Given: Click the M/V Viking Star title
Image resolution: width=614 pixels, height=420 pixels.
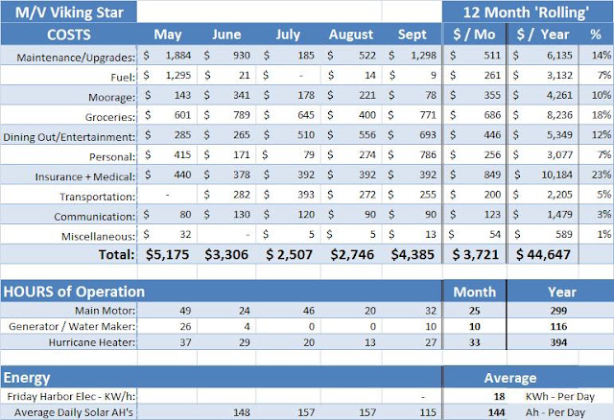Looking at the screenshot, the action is point(69,12).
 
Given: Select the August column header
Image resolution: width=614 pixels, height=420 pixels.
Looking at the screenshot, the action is point(351,35).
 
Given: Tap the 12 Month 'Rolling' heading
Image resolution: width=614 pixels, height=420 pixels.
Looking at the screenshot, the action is point(526,12).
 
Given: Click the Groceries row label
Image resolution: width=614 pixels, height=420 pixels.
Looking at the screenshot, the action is point(110,117).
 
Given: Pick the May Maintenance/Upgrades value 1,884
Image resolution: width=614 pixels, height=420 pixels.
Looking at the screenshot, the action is point(178,56).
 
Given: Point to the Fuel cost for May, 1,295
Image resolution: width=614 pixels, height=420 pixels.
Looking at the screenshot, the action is point(178,75).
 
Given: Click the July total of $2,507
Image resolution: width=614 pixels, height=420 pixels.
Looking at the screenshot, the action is point(289,254).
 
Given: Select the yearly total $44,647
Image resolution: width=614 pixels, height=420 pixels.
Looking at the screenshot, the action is point(543,254).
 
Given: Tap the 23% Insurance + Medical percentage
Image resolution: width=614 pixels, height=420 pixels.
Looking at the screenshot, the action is point(602,175).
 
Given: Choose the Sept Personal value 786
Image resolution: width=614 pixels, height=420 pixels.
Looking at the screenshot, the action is point(428,154).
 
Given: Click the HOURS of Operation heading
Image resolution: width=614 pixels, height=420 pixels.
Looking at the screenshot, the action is point(74,292).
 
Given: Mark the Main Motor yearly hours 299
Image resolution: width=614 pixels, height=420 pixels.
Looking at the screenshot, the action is point(558,311).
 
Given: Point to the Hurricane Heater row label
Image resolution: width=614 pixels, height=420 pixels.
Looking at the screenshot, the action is point(92,342).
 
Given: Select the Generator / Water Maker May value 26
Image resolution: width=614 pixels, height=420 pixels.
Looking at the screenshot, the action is point(185,326).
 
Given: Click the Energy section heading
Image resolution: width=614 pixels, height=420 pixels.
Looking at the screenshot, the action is point(27,378).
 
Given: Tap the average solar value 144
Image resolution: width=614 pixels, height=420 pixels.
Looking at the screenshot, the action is point(496,412).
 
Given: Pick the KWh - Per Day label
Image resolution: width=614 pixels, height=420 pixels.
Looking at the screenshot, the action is point(560,397).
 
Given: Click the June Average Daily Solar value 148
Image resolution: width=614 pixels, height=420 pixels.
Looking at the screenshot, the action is point(242,412).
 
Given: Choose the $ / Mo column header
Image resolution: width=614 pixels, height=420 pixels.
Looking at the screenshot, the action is point(474,35).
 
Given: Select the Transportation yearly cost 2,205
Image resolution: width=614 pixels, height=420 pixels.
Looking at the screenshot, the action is point(559,195).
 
